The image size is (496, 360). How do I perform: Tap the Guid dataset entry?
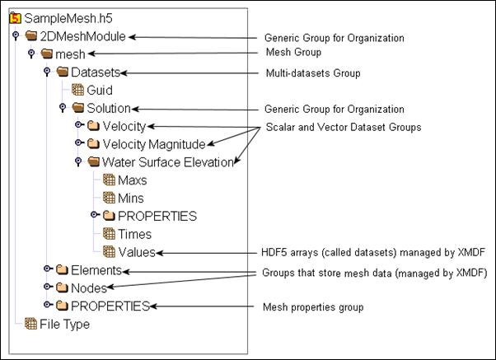pos(99,91)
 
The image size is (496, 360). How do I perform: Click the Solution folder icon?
pos(77,108)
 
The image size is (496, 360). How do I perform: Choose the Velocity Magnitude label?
pos(153,144)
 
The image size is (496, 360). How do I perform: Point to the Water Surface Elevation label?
pos(168,162)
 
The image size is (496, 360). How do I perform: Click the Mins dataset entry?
pos(130,198)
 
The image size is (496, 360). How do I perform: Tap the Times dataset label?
pos(134,234)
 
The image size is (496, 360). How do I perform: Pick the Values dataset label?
pos(136,252)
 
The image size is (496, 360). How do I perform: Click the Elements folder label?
pos(96,270)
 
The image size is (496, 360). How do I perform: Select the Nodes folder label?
pos(88,288)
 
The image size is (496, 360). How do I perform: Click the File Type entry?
pos(64,325)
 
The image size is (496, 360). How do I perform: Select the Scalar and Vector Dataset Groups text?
pos(343,128)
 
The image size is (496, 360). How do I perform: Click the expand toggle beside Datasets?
pos(47,72)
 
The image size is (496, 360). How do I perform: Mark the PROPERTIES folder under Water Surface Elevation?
pos(157,216)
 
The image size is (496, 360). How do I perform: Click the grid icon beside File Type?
pos(30,325)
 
